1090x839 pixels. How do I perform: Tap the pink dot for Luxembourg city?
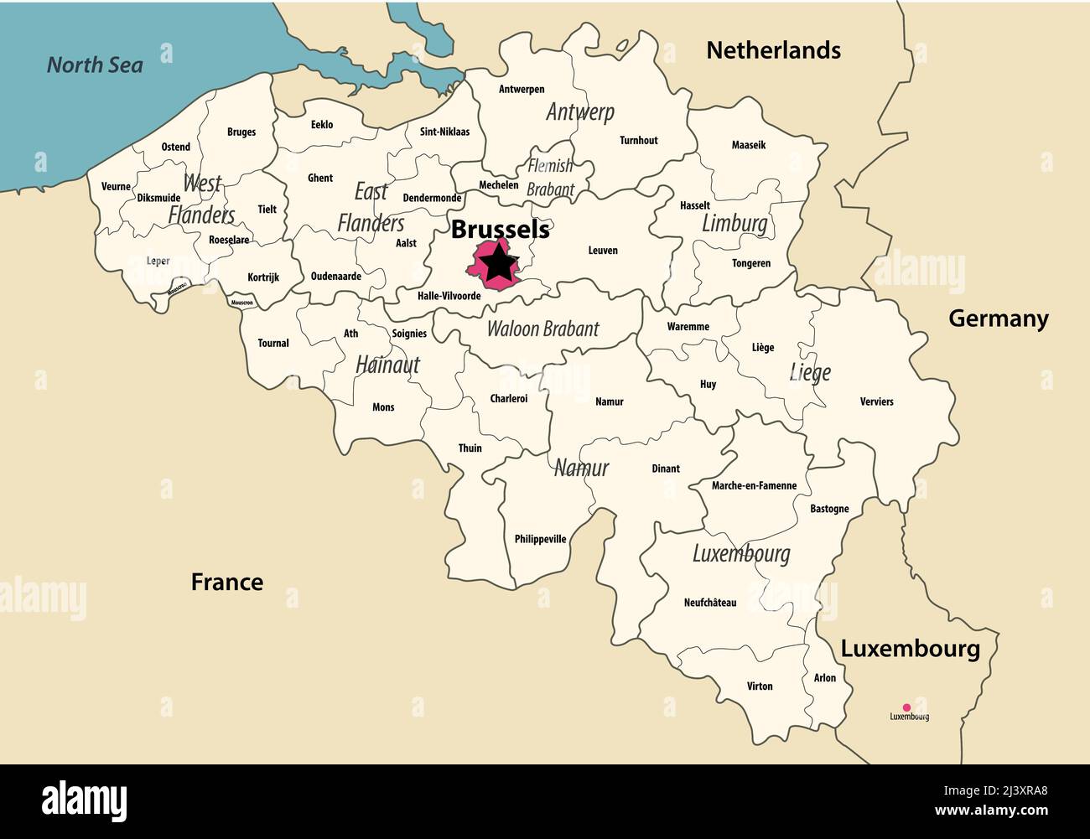pyautogui.click(x=906, y=707)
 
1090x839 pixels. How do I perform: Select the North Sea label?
pyautogui.click(x=95, y=65)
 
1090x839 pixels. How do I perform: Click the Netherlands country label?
pyautogui.click(x=773, y=50)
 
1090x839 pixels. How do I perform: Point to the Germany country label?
pyautogui.click(x=998, y=319)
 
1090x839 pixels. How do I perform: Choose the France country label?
pyautogui.click(x=226, y=582)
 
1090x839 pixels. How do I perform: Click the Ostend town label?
pyautogui.click(x=176, y=147)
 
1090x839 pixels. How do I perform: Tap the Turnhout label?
pyautogui.click(x=639, y=141)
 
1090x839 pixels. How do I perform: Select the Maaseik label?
pyautogui.click(x=749, y=145)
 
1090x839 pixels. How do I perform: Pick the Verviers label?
pyautogui.click(x=876, y=401)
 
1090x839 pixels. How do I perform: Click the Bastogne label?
pyautogui.click(x=829, y=509)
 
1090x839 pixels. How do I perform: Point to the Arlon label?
pyautogui.click(x=825, y=678)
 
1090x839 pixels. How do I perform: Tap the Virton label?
pyautogui.click(x=760, y=686)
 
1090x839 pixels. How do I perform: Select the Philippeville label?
pyautogui.click(x=540, y=539)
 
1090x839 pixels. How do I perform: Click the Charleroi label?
pyautogui.click(x=509, y=399)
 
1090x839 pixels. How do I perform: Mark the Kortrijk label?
pyautogui.click(x=263, y=277)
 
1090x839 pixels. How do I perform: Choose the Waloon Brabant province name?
pyautogui.click(x=543, y=329)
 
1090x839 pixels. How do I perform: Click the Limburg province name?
pyautogui.click(x=734, y=224)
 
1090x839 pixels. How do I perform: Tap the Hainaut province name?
pyautogui.click(x=387, y=365)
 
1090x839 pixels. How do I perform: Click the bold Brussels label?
pyautogui.click(x=501, y=229)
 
